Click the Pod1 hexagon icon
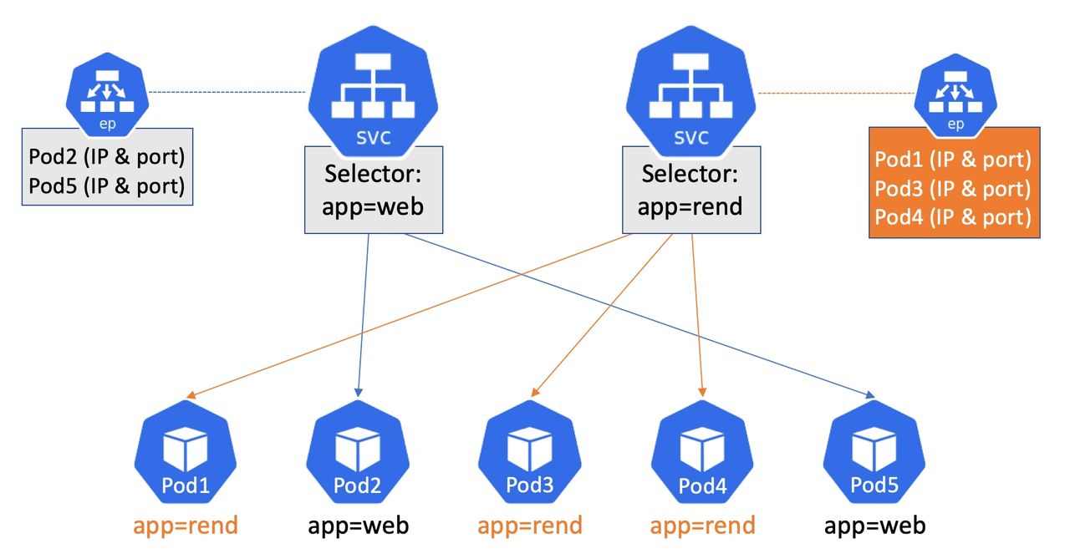point(186,452)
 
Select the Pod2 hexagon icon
point(358,452)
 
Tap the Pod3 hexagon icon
point(530,452)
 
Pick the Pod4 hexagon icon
point(702,452)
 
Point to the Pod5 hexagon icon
point(874,452)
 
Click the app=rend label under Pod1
point(186,526)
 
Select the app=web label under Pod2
point(359,526)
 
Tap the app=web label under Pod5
point(874,526)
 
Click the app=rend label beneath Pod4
point(703,526)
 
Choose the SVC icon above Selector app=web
point(373,92)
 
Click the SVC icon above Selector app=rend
point(690,92)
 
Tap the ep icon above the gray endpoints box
point(107,94)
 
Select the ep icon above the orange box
point(955,94)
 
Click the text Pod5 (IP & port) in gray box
point(106,186)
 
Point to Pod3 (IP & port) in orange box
point(953,189)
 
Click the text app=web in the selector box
point(373,206)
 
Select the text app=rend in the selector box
point(690,206)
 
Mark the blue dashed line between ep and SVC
point(227,92)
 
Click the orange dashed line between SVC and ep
point(837,93)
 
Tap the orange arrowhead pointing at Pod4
point(702,392)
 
